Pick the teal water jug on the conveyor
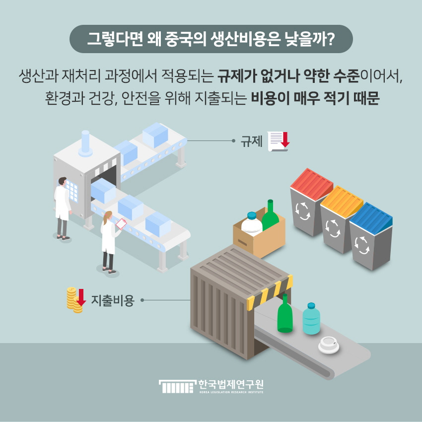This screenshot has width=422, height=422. point(311,319)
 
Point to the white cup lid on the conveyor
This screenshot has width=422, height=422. point(329,345)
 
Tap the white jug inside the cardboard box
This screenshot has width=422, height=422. point(252,223)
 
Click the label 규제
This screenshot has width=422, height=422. point(251,141)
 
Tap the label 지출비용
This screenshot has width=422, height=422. point(113,300)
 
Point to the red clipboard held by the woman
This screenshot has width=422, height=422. point(121,223)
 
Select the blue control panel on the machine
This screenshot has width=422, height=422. point(72,191)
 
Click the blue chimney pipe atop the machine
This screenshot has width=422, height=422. point(85,143)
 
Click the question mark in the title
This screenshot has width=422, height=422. point(331,39)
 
